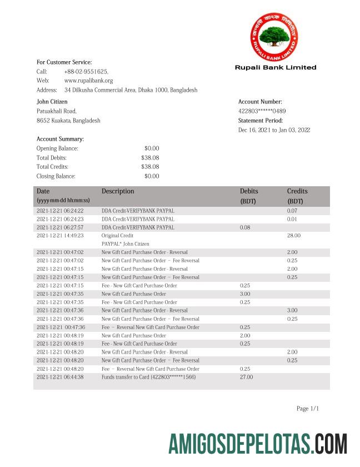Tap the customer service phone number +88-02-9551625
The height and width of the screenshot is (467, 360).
[86, 72]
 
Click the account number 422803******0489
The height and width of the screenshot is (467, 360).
[262, 111]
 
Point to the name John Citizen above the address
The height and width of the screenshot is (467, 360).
[52, 102]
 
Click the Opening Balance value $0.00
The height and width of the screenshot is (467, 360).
[152, 148]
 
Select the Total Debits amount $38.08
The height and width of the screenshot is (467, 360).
[150, 158]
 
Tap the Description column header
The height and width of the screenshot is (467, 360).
[118, 191]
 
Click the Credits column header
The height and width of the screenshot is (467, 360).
[297, 191]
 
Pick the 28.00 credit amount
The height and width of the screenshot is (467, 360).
[293, 236]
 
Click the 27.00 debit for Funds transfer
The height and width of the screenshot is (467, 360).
[246, 377]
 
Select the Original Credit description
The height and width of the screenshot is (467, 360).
[118, 236]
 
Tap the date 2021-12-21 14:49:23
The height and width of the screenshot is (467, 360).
[60, 236]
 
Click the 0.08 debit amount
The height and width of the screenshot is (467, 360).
[245, 227]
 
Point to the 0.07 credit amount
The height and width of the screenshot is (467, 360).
[292, 211]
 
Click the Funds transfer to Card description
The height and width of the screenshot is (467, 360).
[148, 377]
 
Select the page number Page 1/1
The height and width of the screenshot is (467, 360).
[308, 409]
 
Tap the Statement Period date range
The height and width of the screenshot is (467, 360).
[274, 130]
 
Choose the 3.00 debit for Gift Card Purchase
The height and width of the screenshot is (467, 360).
[245, 294]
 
